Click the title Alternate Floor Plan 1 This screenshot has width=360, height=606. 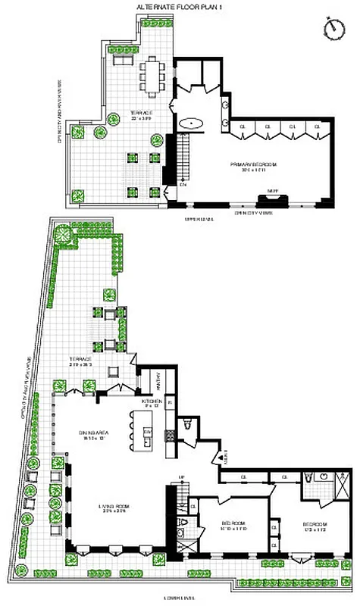coord(180,7)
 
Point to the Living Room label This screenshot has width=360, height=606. coord(104,509)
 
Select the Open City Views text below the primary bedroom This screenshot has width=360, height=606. coord(253,214)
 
